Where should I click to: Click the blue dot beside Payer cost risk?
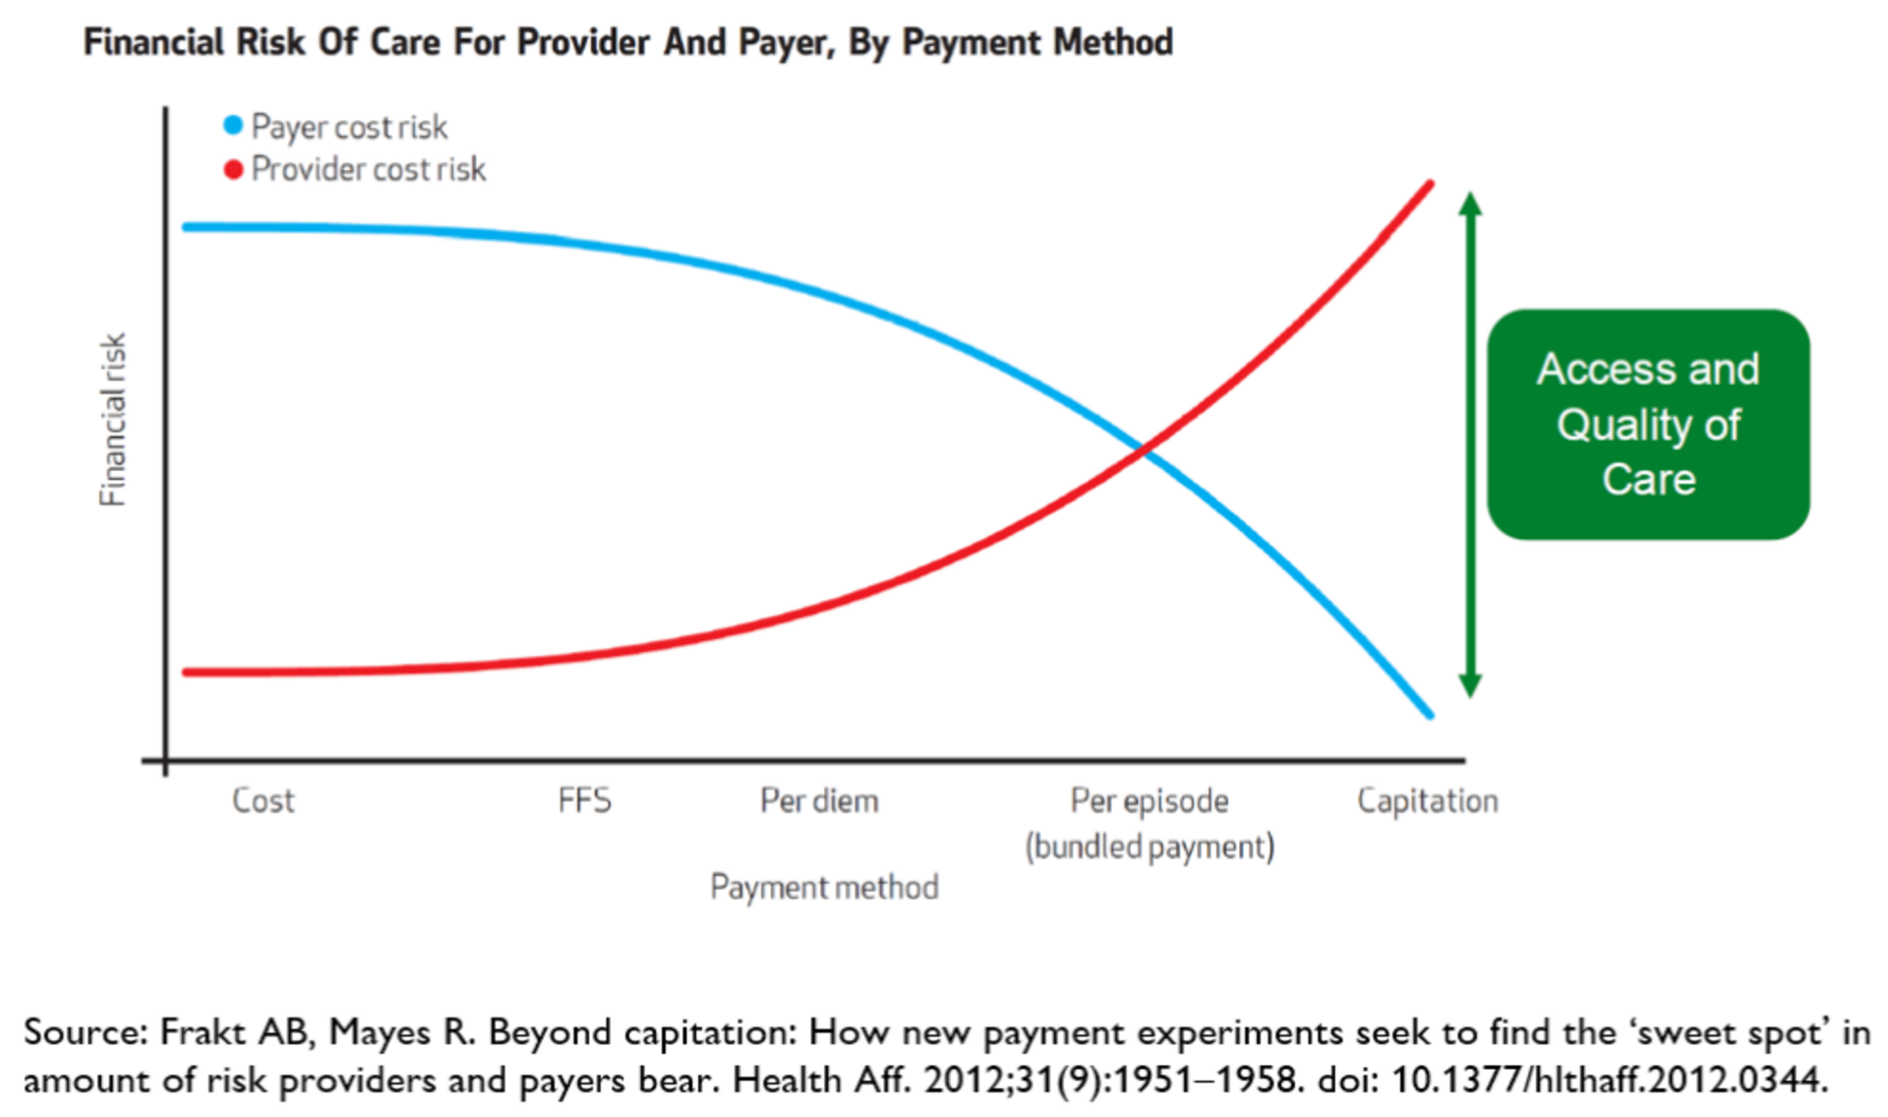233,126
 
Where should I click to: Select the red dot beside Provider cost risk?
233,170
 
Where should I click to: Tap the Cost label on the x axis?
263,800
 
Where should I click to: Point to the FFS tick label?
584,800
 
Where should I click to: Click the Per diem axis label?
819,800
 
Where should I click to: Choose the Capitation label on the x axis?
1427,800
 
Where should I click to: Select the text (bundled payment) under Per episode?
1150,847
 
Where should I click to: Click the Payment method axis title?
824,887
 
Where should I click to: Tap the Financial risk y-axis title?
113,420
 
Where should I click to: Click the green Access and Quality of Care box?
1648,425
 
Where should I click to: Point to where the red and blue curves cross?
1142,450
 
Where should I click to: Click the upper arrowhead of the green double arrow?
1470,204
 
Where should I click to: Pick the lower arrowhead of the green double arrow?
1470,685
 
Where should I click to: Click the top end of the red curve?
1429,184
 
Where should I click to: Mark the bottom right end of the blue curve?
1429,715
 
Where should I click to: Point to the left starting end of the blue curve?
187,227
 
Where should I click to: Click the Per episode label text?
1150,800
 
